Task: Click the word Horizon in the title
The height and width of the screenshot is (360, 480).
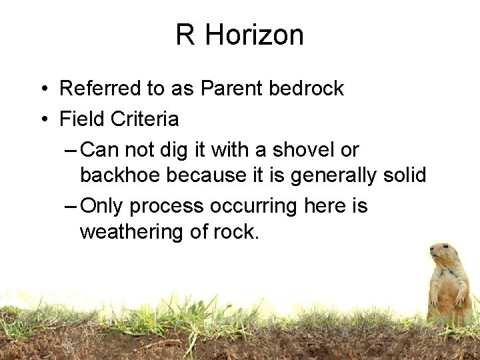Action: point(255,35)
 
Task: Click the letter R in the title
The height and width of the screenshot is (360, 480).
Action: point(185,35)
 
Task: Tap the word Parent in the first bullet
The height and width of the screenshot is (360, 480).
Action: point(233,89)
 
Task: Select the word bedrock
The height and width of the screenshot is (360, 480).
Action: point(307,89)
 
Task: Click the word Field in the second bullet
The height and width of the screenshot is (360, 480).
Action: point(83,119)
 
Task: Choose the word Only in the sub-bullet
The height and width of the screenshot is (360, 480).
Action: point(102,207)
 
